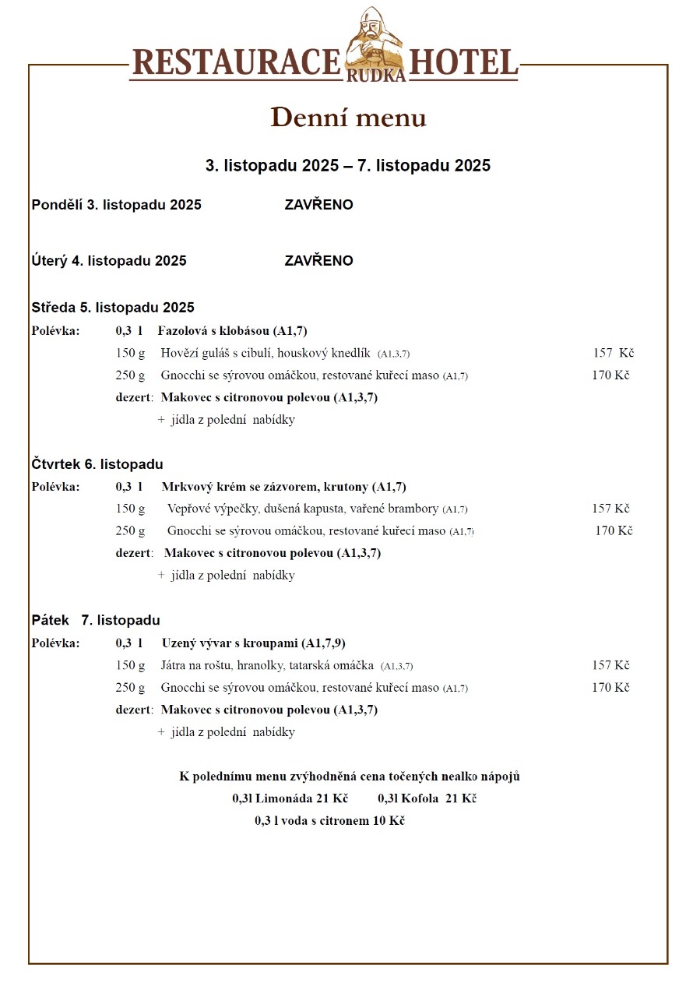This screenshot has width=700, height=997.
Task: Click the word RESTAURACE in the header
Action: tap(237, 63)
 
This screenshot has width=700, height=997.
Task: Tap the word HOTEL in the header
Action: tap(463, 63)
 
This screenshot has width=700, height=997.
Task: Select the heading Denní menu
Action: tap(348, 118)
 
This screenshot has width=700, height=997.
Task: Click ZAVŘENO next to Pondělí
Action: tap(318, 205)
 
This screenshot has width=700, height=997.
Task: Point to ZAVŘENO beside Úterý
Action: tap(318, 261)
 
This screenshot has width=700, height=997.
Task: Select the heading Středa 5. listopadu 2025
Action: tap(113, 308)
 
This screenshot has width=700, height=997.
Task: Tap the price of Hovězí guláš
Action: tap(613, 354)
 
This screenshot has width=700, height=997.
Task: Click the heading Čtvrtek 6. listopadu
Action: tap(97, 465)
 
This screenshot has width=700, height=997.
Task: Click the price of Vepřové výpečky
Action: tap(610, 509)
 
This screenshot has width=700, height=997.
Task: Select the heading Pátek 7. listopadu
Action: tap(96, 621)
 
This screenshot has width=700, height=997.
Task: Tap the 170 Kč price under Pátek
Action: tap(610, 688)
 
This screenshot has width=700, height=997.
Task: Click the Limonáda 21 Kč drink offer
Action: tap(290, 799)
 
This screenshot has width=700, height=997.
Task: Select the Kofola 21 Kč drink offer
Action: tap(427, 799)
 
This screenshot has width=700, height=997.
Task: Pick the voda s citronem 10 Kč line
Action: tap(329, 821)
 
